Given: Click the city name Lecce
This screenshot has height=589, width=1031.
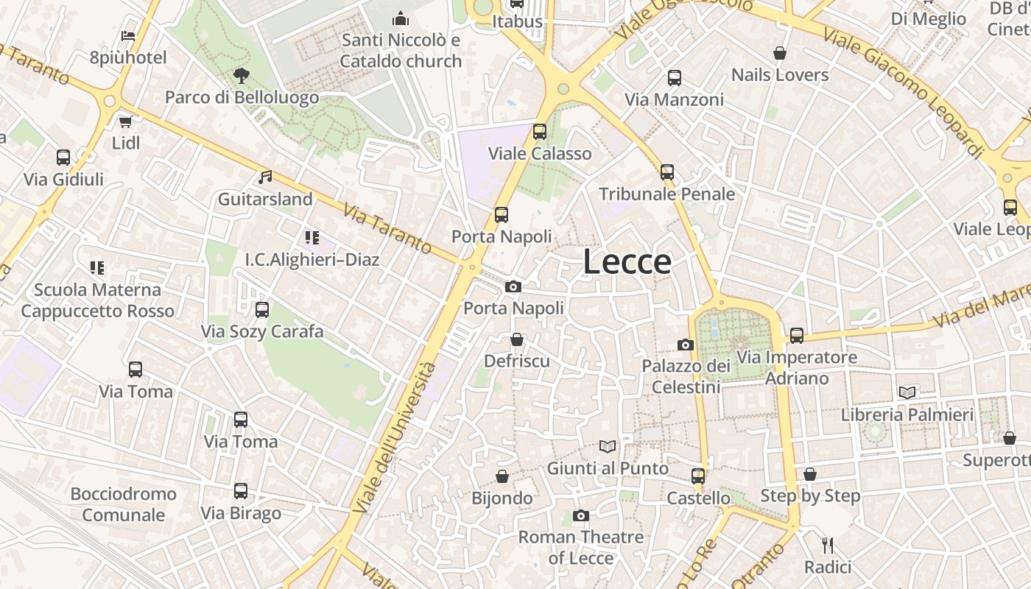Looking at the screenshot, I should (627, 262).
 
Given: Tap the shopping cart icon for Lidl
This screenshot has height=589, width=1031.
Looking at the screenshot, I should (125, 121).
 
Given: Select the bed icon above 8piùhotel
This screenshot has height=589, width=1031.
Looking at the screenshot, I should (128, 36).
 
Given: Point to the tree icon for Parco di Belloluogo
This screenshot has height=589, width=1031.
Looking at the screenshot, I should (241, 75).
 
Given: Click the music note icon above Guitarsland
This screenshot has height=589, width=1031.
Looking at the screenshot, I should (265, 177).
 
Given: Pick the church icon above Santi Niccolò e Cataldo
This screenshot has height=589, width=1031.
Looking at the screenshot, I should (401, 18).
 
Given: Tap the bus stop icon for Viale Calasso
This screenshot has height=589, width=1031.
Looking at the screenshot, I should (540, 132).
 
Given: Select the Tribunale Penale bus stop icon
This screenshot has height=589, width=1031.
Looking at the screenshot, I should (667, 172).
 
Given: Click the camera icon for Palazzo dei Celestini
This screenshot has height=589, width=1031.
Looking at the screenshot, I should (686, 345).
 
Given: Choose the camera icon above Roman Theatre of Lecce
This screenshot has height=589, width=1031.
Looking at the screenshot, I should (581, 515).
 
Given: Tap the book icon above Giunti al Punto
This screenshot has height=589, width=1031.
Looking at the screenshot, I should (608, 446).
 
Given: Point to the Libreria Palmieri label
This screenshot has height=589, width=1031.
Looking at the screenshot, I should (907, 415).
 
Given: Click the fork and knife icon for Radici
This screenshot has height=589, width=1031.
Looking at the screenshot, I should (828, 546).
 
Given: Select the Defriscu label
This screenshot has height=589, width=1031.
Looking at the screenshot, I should (517, 361).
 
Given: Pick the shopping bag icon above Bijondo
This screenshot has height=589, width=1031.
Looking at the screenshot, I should (502, 476).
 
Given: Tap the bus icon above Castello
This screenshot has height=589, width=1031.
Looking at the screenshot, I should (698, 476).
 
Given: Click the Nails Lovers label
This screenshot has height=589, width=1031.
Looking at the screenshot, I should (780, 75).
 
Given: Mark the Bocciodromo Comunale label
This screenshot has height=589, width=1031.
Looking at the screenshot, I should (124, 504).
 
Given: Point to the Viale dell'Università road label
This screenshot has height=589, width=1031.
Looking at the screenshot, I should (394, 438).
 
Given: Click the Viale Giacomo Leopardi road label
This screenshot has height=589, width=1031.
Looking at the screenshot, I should (904, 92).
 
